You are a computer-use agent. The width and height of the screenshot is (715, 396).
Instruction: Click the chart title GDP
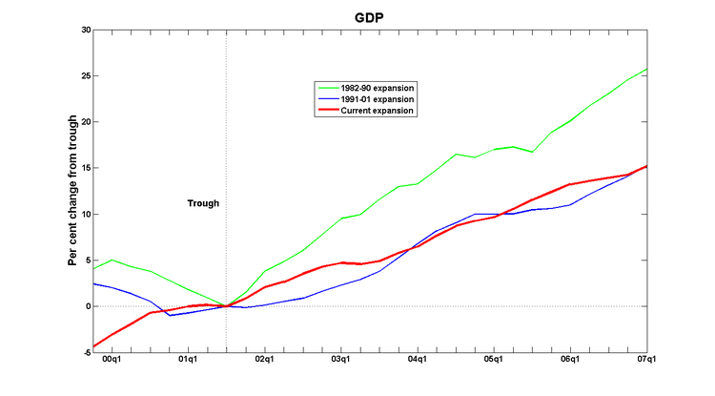(x=370, y=17)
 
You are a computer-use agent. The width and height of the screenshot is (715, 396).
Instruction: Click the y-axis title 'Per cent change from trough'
(x=72, y=190)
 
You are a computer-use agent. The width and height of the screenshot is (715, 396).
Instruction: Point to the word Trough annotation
(x=202, y=203)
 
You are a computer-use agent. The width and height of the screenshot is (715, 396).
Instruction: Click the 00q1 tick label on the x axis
(x=111, y=361)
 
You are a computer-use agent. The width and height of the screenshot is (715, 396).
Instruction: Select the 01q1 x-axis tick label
(x=187, y=361)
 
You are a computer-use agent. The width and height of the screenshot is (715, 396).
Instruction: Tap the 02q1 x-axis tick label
(x=264, y=361)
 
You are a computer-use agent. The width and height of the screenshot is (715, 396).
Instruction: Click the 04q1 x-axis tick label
(x=418, y=361)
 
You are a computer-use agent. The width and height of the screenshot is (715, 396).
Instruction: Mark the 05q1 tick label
(x=494, y=361)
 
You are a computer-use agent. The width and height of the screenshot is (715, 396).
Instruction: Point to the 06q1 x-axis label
(x=570, y=361)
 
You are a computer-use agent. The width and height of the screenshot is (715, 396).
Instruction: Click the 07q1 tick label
(x=646, y=361)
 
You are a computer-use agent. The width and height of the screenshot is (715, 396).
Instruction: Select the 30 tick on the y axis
(x=84, y=30)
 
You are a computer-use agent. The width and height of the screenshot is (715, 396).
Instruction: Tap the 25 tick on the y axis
(x=84, y=75)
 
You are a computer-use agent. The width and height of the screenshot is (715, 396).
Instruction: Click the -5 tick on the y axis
(x=85, y=352)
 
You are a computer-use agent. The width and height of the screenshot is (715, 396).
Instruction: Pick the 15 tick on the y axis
(x=84, y=168)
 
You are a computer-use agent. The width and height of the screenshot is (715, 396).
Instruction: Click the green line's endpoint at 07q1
(x=647, y=69)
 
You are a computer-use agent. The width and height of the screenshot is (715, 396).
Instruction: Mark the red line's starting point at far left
(x=92, y=346)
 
